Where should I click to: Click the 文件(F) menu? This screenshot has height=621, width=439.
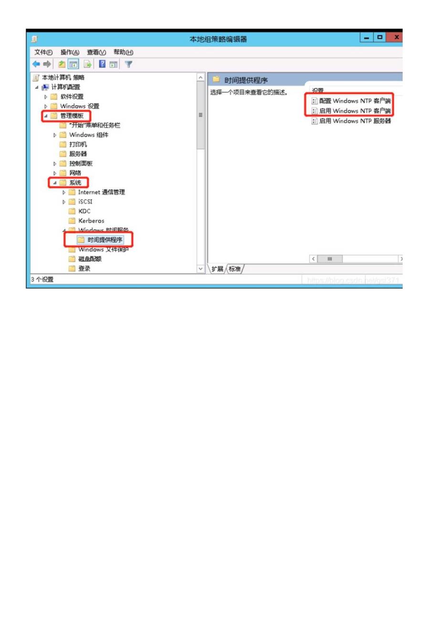click(43, 52)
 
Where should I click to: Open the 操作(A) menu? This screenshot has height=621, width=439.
click(70, 52)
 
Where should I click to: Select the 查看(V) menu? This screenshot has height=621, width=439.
click(96, 52)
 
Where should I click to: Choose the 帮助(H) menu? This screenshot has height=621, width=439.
click(123, 52)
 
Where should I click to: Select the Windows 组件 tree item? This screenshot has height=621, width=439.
click(88, 135)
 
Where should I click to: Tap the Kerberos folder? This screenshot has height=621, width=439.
click(91, 221)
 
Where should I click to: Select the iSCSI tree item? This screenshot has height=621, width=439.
click(86, 201)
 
